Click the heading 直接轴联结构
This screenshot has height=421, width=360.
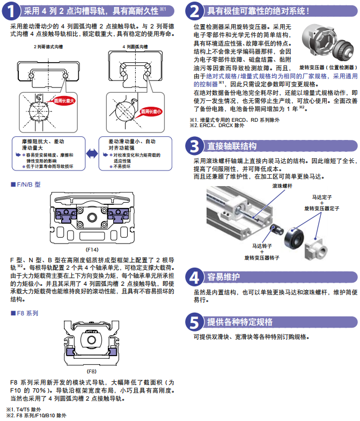click(232, 146)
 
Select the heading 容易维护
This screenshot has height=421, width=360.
click(224, 277)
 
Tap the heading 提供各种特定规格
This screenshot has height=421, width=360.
click(240, 322)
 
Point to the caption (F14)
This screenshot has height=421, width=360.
click(92, 249)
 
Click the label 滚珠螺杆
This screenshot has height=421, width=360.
click(282, 186)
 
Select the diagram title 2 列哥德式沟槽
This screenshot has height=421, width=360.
click(48, 47)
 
